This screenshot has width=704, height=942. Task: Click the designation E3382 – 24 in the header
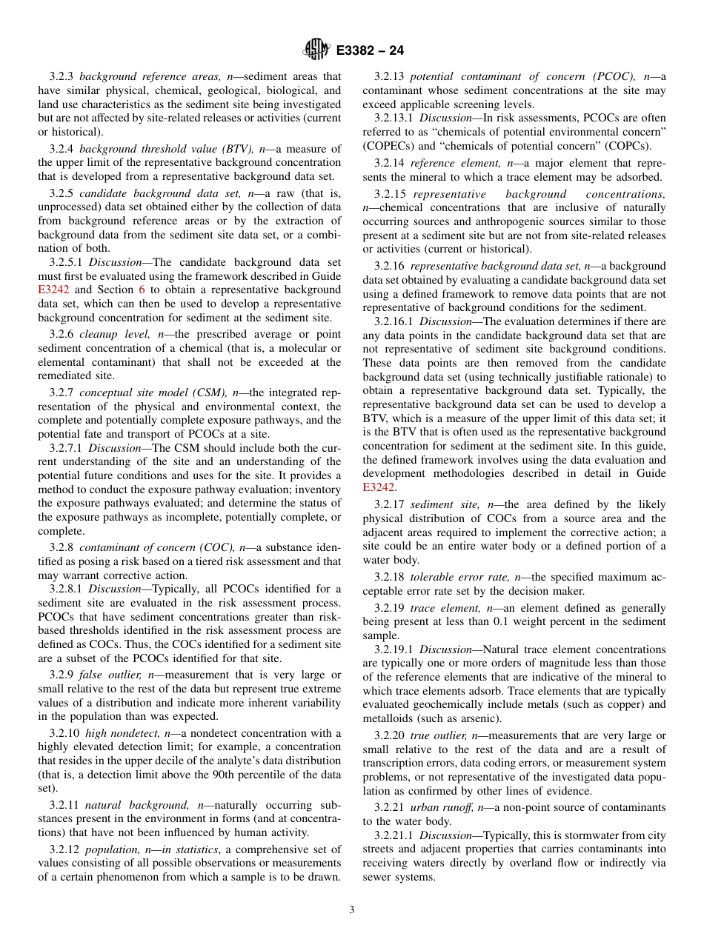pyautogui.click(x=370, y=51)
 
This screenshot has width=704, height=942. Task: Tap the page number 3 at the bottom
pyautogui.click(x=351, y=910)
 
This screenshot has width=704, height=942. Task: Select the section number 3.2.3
pyautogui.click(x=63, y=76)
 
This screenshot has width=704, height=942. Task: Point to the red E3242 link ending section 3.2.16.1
pyautogui.click(x=379, y=487)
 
